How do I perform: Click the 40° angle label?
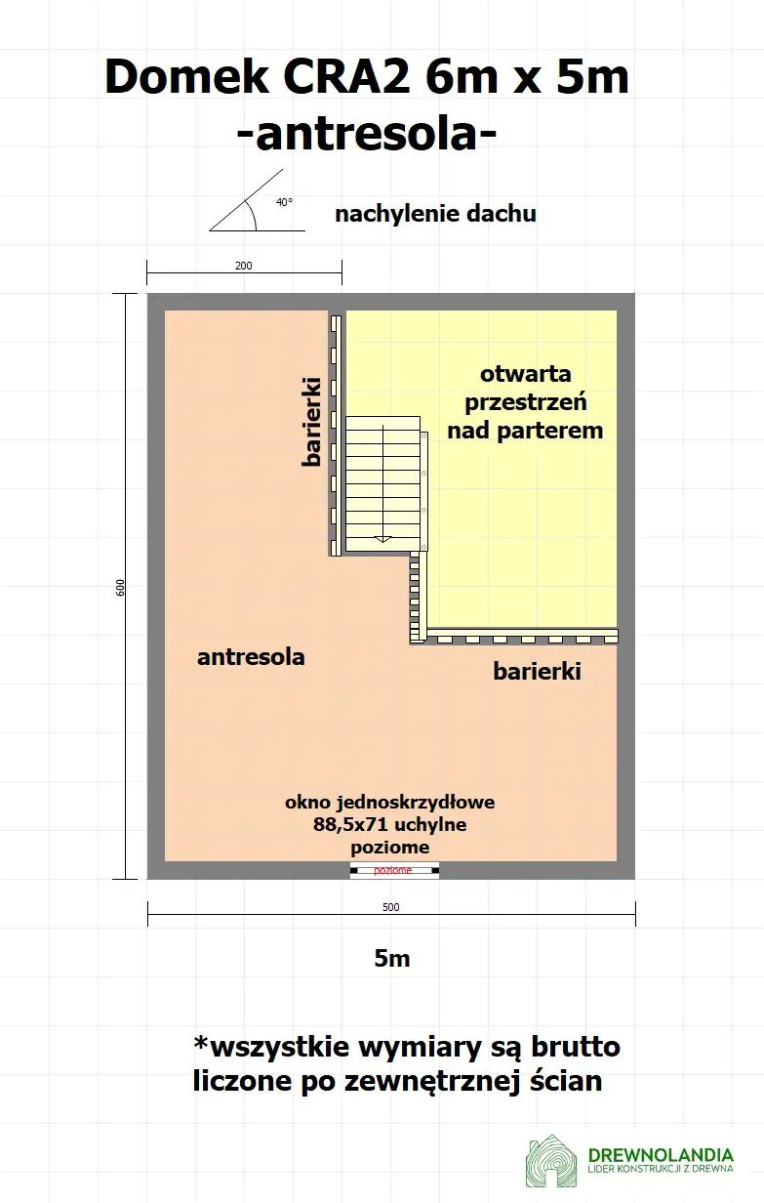pyautogui.click(x=283, y=202)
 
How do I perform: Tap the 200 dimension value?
pyautogui.click(x=244, y=266)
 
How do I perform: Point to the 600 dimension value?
pyautogui.click(x=120, y=587)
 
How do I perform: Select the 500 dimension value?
pyautogui.click(x=390, y=907)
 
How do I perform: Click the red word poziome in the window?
pyautogui.click(x=393, y=870)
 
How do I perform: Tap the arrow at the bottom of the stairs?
pyautogui.click(x=383, y=537)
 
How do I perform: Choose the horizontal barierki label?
pyautogui.click(x=537, y=672)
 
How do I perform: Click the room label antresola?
pyautogui.click(x=251, y=657)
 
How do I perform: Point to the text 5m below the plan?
pyautogui.click(x=391, y=959)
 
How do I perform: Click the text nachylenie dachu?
pyautogui.click(x=435, y=214)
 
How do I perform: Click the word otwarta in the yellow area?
pyautogui.click(x=525, y=374)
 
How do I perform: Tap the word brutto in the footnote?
pyautogui.click(x=576, y=1048)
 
